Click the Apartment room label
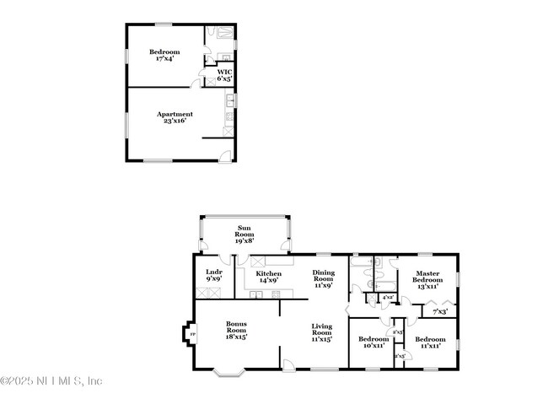(x=175, y=114)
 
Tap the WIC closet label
(x=224, y=72)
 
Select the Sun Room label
(x=244, y=228)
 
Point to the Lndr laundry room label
(x=213, y=271)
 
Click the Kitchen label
(x=268, y=274)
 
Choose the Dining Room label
(x=324, y=275)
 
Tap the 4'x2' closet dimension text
(x=389, y=298)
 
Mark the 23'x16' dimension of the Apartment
(x=174, y=121)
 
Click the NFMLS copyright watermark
(x=52, y=380)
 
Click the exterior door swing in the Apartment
(x=223, y=154)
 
